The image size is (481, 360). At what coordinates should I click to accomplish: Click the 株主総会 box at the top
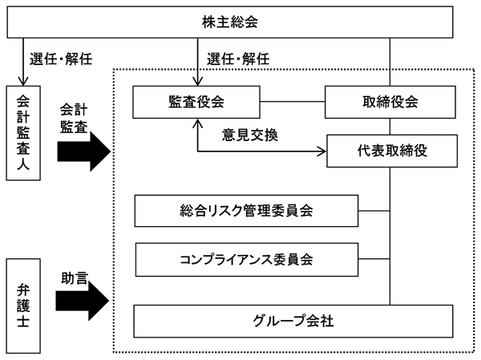click(x=230, y=22)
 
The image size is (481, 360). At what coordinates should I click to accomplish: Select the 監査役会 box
click(x=196, y=102)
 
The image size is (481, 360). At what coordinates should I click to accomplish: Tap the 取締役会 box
click(x=390, y=102)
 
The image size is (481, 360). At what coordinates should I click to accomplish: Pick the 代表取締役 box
click(x=392, y=151)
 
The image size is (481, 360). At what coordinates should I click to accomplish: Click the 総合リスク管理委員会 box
click(x=246, y=211)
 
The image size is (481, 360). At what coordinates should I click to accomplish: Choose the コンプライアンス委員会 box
click(x=247, y=260)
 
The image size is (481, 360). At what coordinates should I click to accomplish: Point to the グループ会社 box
click(x=293, y=321)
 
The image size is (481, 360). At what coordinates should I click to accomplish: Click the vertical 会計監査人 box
click(x=23, y=133)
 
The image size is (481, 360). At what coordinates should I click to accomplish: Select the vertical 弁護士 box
click(x=23, y=306)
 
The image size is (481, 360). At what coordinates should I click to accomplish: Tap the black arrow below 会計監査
click(x=83, y=152)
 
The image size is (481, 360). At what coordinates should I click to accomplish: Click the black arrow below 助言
click(x=83, y=301)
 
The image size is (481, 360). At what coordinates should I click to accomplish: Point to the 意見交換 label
click(x=250, y=135)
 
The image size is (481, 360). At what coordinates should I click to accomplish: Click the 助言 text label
click(x=75, y=278)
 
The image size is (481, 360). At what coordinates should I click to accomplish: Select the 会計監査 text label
click(x=74, y=118)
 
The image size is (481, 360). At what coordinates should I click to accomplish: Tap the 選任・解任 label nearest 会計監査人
click(x=61, y=59)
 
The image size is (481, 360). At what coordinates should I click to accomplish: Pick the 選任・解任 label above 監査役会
click(x=238, y=59)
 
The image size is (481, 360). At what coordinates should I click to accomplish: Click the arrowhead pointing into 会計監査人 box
click(x=23, y=81)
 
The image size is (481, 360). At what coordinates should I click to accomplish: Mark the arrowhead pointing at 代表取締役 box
click(x=321, y=152)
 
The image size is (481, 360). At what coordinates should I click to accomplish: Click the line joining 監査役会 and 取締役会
click(x=293, y=102)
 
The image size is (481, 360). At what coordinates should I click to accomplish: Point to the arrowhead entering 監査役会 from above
click(x=198, y=81)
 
